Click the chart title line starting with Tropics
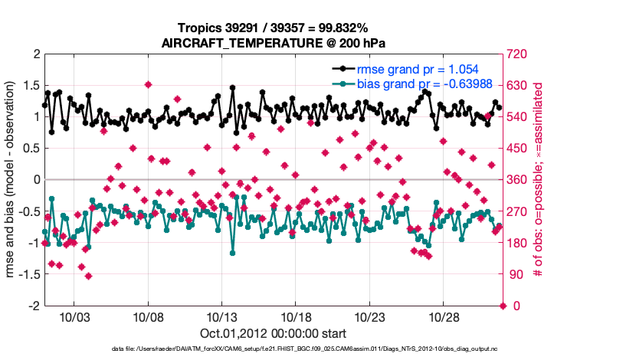pyautogui.click(x=273, y=28)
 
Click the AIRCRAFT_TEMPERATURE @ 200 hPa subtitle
pyautogui.click(x=273, y=43)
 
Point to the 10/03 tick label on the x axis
pyautogui.click(x=74, y=317)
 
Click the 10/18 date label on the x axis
pyautogui.click(x=296, y=317)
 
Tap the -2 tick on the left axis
pyautogui.click(x=34, y=306)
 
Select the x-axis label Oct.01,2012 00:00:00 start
pyautogui.click(x=273, y=333)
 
